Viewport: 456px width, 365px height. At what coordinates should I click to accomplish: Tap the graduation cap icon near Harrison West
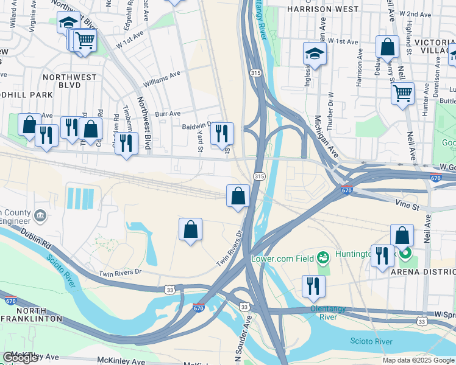coord(315,54)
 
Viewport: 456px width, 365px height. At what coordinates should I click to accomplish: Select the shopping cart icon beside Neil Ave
coord(402,94)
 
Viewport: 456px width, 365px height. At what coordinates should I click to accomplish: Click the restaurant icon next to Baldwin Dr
coord(222,133)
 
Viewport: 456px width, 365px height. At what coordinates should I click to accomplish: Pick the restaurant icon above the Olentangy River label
coord(313,286)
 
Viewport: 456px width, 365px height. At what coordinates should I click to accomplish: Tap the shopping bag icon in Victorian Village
coord(387,46)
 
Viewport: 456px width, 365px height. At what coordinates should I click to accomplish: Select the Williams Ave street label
coord(162,79)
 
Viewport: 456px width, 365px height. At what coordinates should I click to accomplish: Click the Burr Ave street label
coord(167,113)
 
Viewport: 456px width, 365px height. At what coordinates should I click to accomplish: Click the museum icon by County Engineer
coord(40,215)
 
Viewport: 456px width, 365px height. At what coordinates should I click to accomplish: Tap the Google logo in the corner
coord(21,358)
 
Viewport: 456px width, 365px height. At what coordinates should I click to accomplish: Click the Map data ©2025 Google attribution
coord(418,360)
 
